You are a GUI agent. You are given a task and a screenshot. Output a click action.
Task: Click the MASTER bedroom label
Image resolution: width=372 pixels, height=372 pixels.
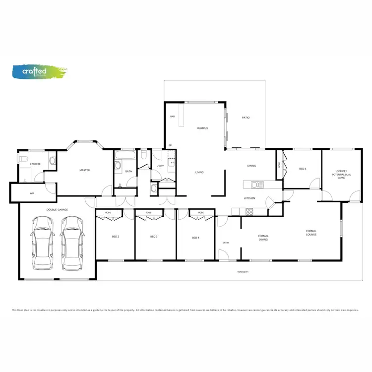tap(84, 170)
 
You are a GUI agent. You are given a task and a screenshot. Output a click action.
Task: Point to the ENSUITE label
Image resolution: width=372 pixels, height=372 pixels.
tap(35, 164)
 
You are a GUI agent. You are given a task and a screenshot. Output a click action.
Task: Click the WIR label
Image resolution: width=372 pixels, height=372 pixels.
tap(32, 193)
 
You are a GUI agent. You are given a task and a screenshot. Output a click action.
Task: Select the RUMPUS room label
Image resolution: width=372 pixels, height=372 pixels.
tap(202, 128)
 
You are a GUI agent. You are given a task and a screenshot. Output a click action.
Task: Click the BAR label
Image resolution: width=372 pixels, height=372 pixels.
tap(173, 117)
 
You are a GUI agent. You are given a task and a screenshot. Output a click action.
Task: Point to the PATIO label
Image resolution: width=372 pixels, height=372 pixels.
tap(246, 118)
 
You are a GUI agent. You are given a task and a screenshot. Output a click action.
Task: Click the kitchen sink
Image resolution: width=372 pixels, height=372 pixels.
tap(256, 186)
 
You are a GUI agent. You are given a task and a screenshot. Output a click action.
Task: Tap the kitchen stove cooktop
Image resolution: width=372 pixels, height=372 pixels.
tap(249, 212)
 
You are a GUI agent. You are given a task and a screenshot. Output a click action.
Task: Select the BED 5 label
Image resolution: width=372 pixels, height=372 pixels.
tap(303, 169)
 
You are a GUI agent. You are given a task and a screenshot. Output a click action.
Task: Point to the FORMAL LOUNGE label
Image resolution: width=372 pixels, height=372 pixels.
tap(311, 233)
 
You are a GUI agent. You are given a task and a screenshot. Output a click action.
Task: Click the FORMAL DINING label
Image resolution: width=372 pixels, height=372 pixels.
tap(263, 238)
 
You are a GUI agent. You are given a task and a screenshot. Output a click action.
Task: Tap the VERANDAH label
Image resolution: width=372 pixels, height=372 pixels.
tap(243, 272)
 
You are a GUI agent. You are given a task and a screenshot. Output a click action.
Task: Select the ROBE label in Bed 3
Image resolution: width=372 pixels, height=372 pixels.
tap(148, 213)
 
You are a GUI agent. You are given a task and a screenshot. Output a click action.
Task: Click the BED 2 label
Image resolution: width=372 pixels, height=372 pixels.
tap(115, 237)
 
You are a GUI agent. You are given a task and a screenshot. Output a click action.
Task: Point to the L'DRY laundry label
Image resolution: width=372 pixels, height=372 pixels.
tap(160, 166)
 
